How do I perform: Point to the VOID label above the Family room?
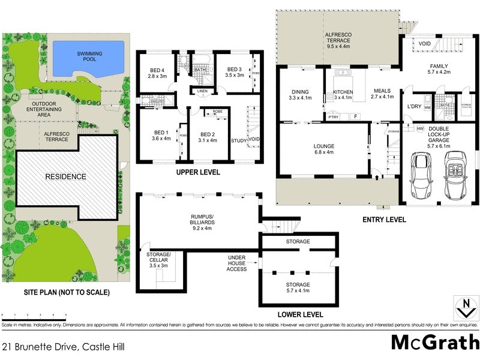(x=425, y=43)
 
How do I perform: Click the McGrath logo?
(x=434, y=342)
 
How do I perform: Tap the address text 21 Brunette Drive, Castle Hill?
(x=58, y=346)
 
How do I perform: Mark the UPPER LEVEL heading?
(x=198, y=172)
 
